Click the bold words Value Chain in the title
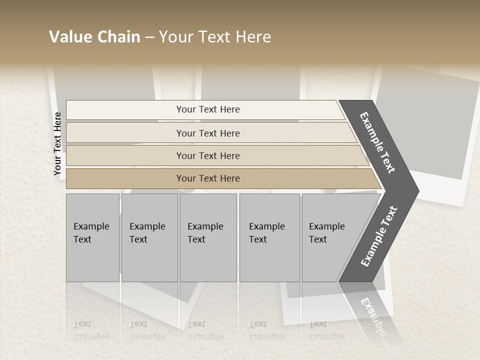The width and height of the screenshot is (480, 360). (94, 37)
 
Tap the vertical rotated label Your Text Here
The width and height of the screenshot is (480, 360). (57, 144)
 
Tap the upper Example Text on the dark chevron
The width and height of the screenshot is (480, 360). (377, 142)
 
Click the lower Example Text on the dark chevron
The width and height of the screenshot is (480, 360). (379, 236)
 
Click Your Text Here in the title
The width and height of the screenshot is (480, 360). (215, 37)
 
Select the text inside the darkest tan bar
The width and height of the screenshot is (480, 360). (208, 178)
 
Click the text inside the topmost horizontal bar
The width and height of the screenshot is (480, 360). (208, 109)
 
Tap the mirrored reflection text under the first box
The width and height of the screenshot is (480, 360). (91, 330)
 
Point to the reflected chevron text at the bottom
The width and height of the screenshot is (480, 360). (372, 315)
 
